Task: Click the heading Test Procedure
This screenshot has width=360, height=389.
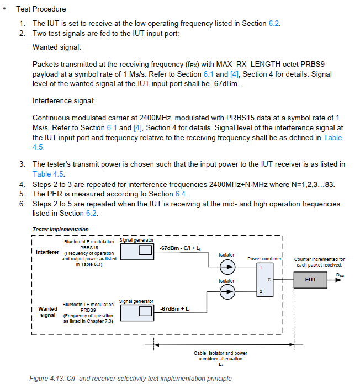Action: (41, 9)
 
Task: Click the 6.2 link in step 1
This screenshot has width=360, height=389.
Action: (274, 23)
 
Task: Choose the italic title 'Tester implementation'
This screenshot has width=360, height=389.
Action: (60, 229)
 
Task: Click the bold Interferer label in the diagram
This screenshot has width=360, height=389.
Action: (47, 252)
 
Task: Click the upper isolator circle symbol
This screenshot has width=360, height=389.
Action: (226, 268)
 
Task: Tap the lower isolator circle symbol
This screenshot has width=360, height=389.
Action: (226, 294)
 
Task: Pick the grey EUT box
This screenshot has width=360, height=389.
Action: (310, 280)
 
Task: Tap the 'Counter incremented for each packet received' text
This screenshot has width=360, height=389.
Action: (319, 262)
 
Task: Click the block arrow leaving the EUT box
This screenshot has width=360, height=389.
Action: (336, 280)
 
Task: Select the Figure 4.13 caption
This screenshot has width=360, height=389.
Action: (130, 379)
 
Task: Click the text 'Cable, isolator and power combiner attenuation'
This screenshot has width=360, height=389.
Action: (220, 356)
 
